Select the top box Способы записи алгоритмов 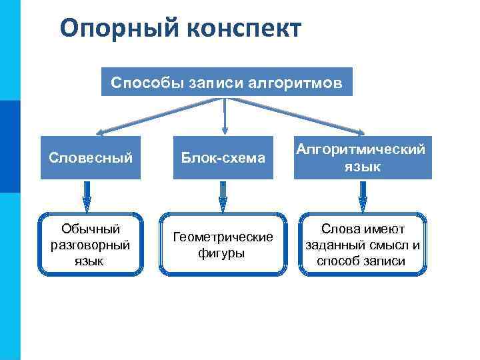tap(227, 82)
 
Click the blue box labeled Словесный tap(91, 158)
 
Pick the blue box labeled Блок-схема tap(223, 158)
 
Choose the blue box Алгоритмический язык tap(363, 158)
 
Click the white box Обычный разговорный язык tap(91, 244)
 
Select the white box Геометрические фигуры tap(223, 244)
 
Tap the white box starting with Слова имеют tap(363, 244)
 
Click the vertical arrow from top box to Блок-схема tap(225, 116)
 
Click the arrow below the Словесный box tap(86, 195)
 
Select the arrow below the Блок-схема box tap(223, 195)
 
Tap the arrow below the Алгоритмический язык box tap(363, 195)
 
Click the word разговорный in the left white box tap(91, 245)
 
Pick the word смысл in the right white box tap(385, 245)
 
